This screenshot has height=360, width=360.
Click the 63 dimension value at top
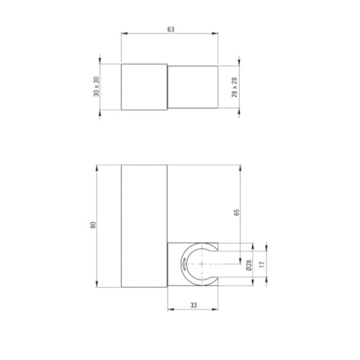171,30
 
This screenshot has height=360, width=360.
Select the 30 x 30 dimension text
97,87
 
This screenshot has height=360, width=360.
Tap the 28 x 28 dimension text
234,87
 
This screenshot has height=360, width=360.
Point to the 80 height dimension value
93,225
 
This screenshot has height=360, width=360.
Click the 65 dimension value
237,212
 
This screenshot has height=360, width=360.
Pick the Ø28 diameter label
249,265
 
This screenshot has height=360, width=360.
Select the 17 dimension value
262,264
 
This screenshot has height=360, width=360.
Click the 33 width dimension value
194,305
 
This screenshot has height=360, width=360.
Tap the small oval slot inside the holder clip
183,263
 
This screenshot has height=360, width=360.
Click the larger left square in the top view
144,87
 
